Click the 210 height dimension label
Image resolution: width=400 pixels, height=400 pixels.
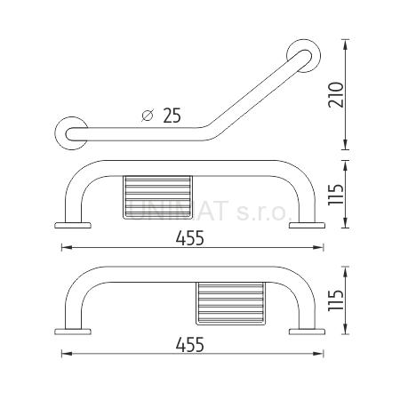pos(336,94)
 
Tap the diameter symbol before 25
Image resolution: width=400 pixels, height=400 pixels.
pos(148,116)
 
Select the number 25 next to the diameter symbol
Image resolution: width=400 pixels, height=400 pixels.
pos(172,116)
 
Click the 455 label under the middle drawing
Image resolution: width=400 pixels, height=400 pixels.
pos(190,238)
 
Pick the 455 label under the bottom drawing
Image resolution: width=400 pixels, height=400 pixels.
pos(190,344)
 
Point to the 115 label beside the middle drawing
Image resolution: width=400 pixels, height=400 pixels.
pos(336,195)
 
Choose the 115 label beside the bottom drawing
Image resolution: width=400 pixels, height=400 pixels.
pos(336,300)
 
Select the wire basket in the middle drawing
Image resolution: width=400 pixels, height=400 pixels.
pos(157,197)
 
